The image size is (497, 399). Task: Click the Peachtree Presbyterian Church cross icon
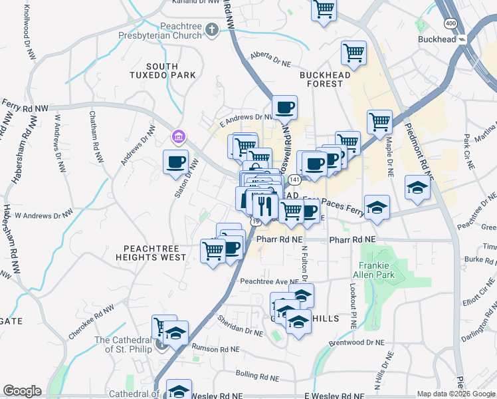(212, 29)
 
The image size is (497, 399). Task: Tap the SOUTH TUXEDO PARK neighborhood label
(162, 71)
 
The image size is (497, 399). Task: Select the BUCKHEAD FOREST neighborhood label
(325, 79)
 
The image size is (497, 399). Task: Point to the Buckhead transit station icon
(462, 39)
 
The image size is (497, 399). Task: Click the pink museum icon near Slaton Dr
(178, 138)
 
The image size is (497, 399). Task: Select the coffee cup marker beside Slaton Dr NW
(176, 162)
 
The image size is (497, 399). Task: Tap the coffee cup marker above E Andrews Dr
(284, 106)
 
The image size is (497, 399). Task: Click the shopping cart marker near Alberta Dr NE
(353, 53)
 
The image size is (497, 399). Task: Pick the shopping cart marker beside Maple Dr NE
(379, 122)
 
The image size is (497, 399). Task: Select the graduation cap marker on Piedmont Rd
(417, 188)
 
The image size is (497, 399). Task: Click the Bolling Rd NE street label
(255, 376)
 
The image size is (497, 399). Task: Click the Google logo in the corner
(22, 391)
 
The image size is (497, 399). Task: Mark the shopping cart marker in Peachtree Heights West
(213, 251)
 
